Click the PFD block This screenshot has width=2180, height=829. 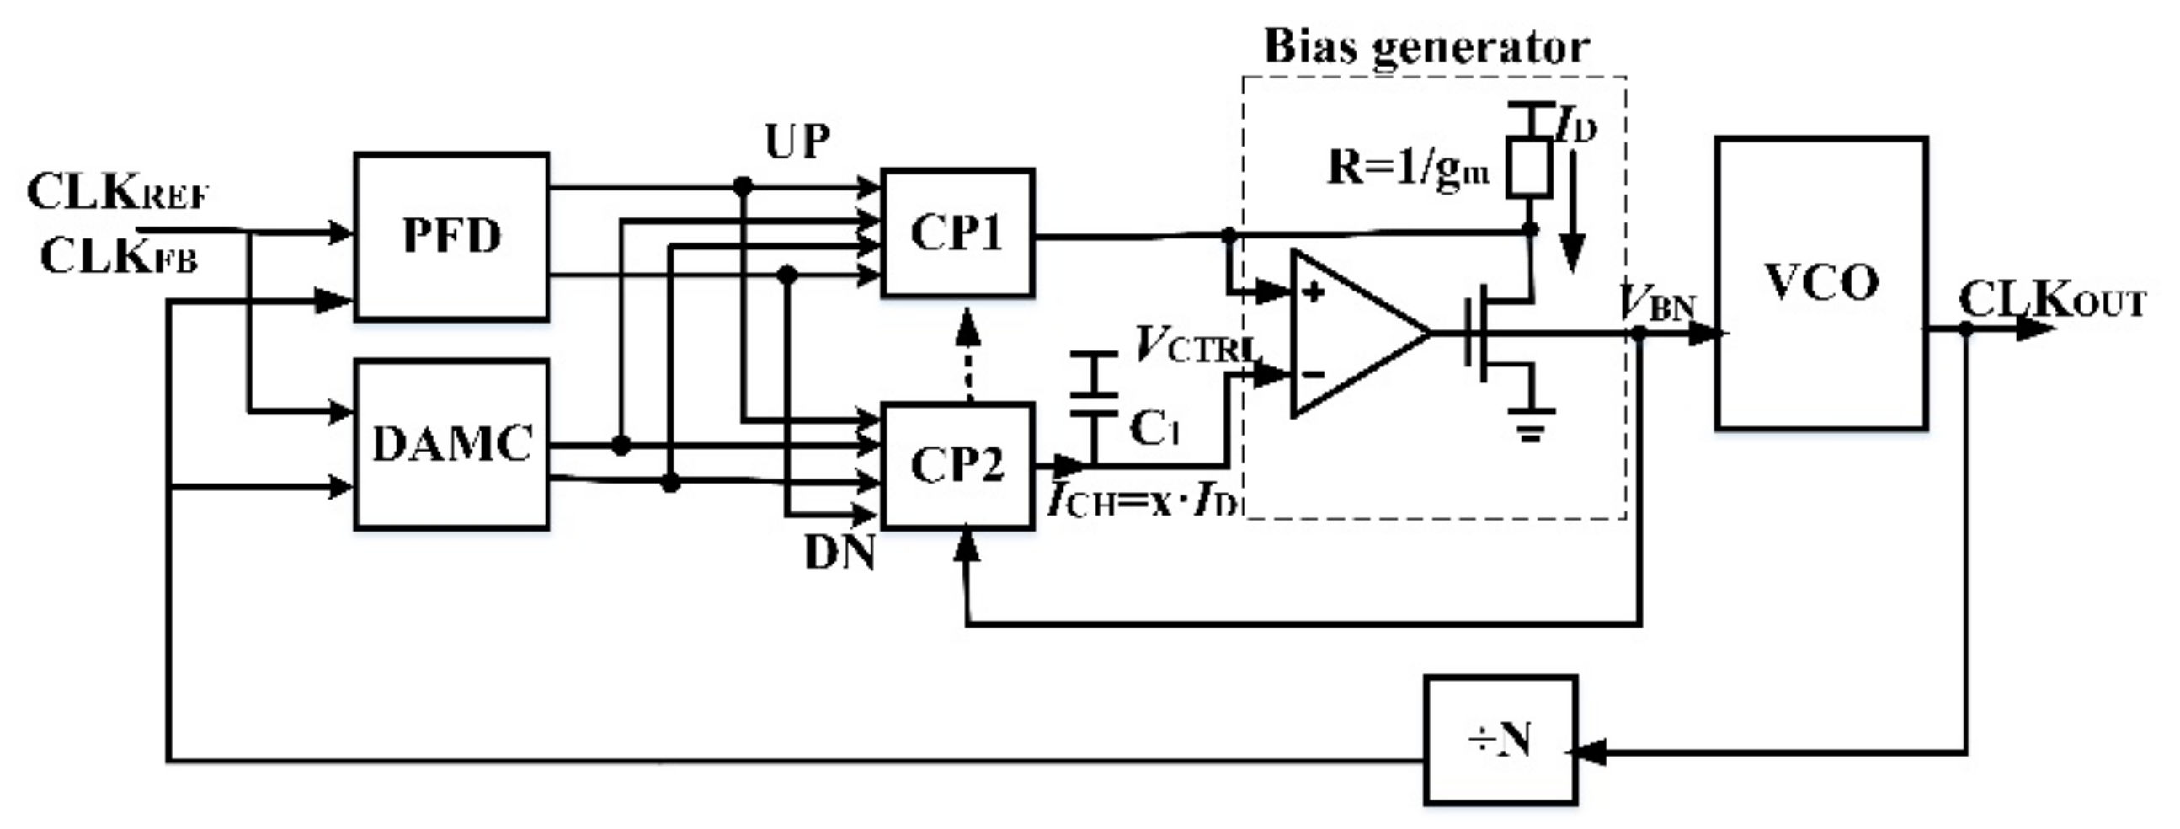click(451, 236)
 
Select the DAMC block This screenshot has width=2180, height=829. click(451, 445)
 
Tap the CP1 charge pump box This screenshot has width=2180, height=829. click(957, 233)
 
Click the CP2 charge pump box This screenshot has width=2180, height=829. click(957, 466)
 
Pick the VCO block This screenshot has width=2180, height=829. click(1821, 283)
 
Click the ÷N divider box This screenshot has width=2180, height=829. click(1500, 739)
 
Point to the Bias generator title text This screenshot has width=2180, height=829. click(1426, 45)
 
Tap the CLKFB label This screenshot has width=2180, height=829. click(119, 256)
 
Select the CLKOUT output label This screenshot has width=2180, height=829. click(2052, 300)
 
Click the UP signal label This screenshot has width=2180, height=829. click(797, 142)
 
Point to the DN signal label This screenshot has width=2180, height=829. click(839, 554)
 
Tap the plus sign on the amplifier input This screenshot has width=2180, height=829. click(1313, 293)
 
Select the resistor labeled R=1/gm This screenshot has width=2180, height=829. click(1529, 168)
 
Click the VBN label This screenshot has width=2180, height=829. click(1657, 303)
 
